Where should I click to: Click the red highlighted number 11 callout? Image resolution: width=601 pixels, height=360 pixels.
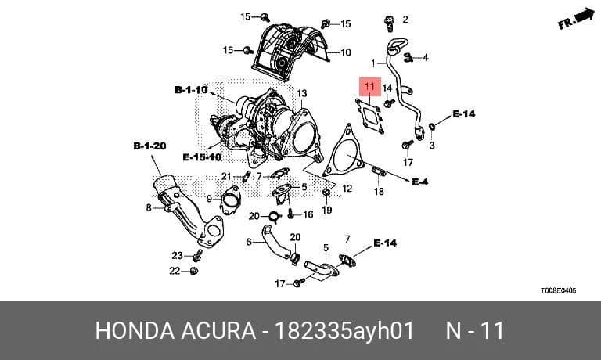(370, 87)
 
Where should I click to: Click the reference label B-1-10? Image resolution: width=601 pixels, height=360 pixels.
(191, 90)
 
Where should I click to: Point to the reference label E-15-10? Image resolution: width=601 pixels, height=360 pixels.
(202, 157)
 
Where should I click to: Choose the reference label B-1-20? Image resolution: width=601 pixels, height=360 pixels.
(149, 146)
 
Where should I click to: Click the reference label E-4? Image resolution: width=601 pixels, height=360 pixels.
(420, 182)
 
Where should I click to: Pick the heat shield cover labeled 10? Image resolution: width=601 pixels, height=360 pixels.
(290, 52)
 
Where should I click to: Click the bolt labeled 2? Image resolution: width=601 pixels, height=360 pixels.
(390, 23)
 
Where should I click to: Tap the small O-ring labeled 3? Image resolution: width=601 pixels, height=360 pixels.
(432, 126)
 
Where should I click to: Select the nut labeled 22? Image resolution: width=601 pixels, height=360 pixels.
(194, 271)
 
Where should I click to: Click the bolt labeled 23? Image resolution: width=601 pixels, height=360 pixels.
(197, 255)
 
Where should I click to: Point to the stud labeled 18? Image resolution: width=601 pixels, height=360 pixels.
(379, 171)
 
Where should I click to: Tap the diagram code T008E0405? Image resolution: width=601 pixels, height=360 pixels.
(559, 290)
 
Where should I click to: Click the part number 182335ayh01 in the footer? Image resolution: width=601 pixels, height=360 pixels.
(345, 330)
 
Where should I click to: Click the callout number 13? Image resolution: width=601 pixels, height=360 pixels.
(302, 93)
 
